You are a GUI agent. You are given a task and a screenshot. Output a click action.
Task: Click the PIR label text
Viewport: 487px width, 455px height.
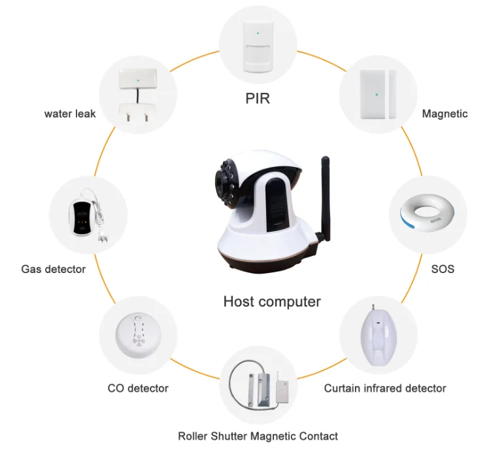coord(258,98)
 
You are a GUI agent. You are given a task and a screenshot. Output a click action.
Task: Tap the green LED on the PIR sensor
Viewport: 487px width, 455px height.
coord(258,33)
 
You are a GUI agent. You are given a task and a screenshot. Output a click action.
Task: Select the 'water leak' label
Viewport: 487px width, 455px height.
coord(70,114)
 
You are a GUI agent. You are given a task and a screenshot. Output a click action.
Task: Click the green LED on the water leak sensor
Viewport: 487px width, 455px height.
coord(138,81)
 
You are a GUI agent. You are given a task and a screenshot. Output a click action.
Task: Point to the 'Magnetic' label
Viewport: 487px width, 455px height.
coord(445,114)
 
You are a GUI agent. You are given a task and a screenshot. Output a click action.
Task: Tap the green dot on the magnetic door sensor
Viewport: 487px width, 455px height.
coord(377,94)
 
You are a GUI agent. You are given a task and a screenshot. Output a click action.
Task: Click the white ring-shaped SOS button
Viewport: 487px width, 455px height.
coord(428,213)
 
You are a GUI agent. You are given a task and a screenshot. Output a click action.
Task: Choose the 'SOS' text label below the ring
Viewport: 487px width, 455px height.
coord(443,269)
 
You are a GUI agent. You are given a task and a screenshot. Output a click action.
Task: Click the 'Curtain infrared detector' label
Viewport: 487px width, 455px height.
coord(385,388)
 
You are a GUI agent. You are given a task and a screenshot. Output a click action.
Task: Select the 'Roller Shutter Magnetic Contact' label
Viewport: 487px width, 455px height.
coord(258,436)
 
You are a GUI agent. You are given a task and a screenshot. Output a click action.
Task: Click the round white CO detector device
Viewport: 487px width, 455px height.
coord(138,335)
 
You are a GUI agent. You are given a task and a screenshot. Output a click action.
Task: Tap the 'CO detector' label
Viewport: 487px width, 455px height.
coord(138,388)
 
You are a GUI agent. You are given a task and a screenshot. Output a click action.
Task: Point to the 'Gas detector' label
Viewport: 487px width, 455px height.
coord(54,269)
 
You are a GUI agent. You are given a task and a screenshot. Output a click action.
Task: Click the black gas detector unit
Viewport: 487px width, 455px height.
coord(82,217)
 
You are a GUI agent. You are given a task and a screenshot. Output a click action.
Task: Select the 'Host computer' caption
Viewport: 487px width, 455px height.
coord(272,302)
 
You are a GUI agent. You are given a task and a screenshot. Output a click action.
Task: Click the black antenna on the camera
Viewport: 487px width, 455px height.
coord(325,199)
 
